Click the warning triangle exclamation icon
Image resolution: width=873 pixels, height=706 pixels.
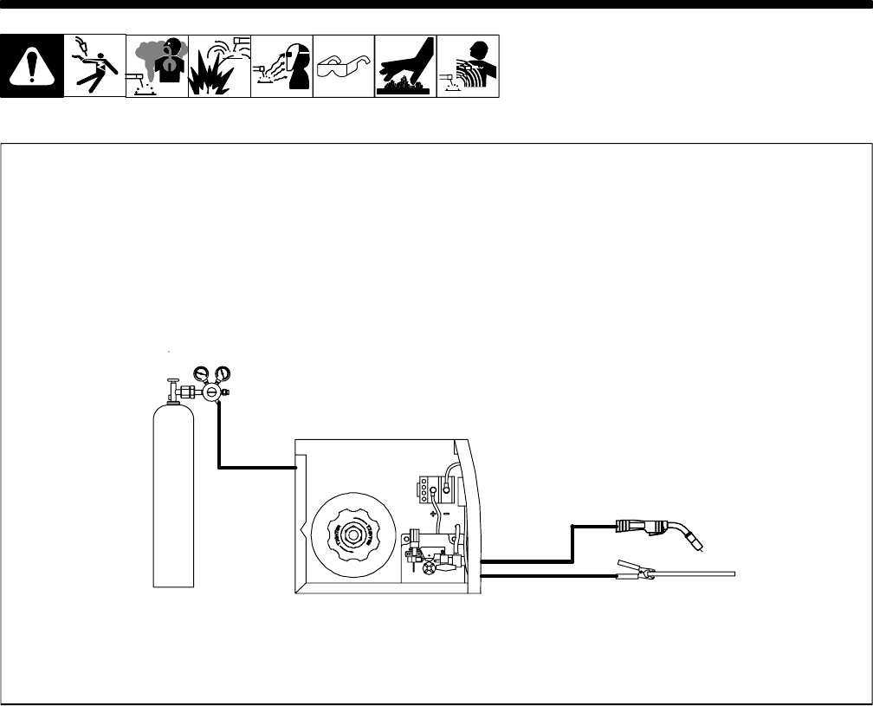tap(32, 67)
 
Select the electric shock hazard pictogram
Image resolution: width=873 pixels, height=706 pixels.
tap(94, 66)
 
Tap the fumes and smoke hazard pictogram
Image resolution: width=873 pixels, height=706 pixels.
tap(157, 66)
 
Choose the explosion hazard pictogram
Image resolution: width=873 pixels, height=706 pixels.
tap(219, 66)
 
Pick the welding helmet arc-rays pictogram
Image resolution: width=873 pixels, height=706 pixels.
tap(281, 66)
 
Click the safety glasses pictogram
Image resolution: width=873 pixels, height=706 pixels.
tap(343, 66)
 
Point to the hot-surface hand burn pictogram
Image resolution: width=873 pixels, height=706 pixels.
tap(405, 66)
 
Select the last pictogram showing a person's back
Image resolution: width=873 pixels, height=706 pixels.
tap(468, 66)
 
